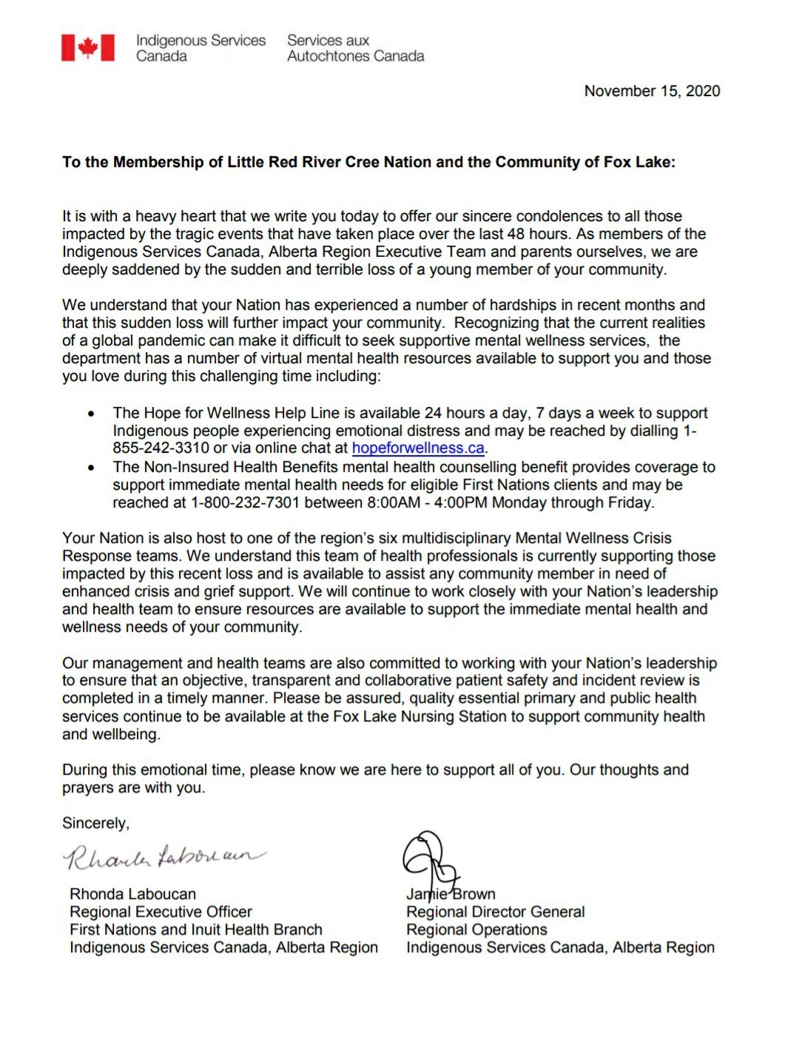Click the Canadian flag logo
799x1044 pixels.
[x=88, y=48]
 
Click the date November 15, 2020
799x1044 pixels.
[x=652, y=91]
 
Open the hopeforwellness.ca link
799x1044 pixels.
[x=418, y=448]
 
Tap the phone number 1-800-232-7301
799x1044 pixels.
[x=245, y=503]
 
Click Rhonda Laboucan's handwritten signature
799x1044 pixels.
[x=163, y=857]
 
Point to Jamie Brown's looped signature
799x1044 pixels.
[x=429, y=858]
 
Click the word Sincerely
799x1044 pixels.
[x=95, y=824]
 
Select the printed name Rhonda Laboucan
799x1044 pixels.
[x=133, y=894]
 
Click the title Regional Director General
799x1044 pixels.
[x=495, y=912]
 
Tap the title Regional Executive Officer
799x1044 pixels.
[x=161, y=912]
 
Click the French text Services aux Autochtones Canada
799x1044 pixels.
[x=355, y=48]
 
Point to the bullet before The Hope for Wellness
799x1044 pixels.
[x=91, y=414]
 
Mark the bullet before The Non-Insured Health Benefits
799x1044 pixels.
[x=91, y=468]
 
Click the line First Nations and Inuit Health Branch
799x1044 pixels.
[x=196, y=929]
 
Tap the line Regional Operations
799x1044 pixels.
[x=476, y=929]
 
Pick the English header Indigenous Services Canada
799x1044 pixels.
[x=200, y=48]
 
